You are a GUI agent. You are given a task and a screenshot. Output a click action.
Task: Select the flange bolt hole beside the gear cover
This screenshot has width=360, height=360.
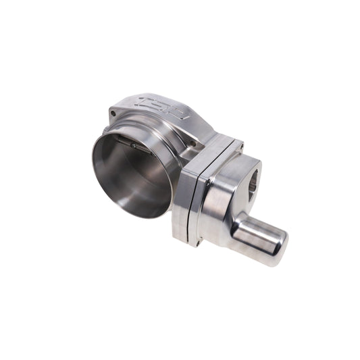point(192,143)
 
